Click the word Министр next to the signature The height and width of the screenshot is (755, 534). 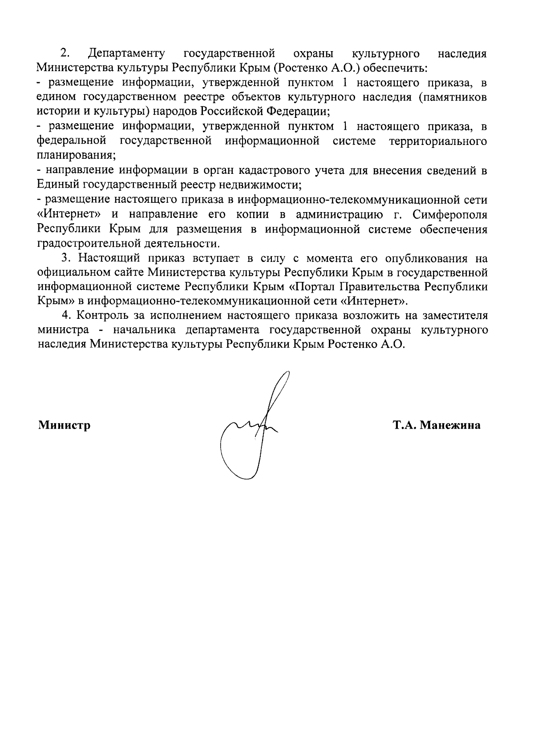click(64, 426)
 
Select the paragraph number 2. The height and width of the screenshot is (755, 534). click(65, 54)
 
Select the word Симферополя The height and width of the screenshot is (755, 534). click(450, 215)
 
